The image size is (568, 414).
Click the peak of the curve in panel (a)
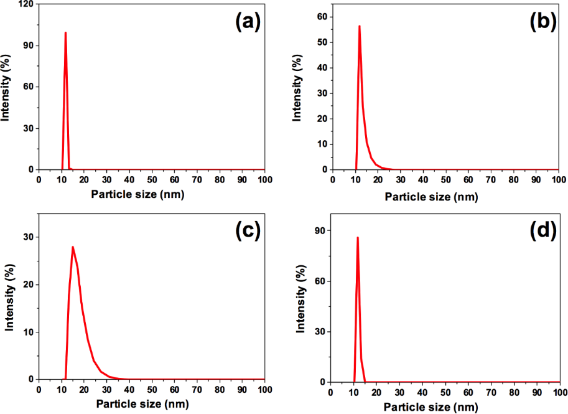pyautogui.click(x=65, y=32)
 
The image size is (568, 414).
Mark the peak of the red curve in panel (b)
pyautogui.click(x=359, y=26)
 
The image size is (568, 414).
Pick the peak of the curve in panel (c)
pyautogui.click(x=73, y=247)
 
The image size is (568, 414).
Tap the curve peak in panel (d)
pyautogui.click(x=358, y=237)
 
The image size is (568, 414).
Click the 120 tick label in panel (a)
pyautogui.click(x=26, y=4)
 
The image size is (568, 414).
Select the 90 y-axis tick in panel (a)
pyautogui.click(x=29, y=45)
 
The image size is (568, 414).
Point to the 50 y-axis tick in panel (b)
pyautogui.click(x=323, y=42)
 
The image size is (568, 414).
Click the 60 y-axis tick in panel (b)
pyautogui.click(x=323, y=17)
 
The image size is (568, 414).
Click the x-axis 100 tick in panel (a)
pyautogui.click(x=264, y=179)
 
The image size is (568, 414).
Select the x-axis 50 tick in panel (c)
pyautogui.click(x=152, y=390)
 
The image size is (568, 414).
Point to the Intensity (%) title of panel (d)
pyautogui.click(x=301, y=298)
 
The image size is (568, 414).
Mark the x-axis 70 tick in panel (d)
pyautogui.click(x=490, y=393)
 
